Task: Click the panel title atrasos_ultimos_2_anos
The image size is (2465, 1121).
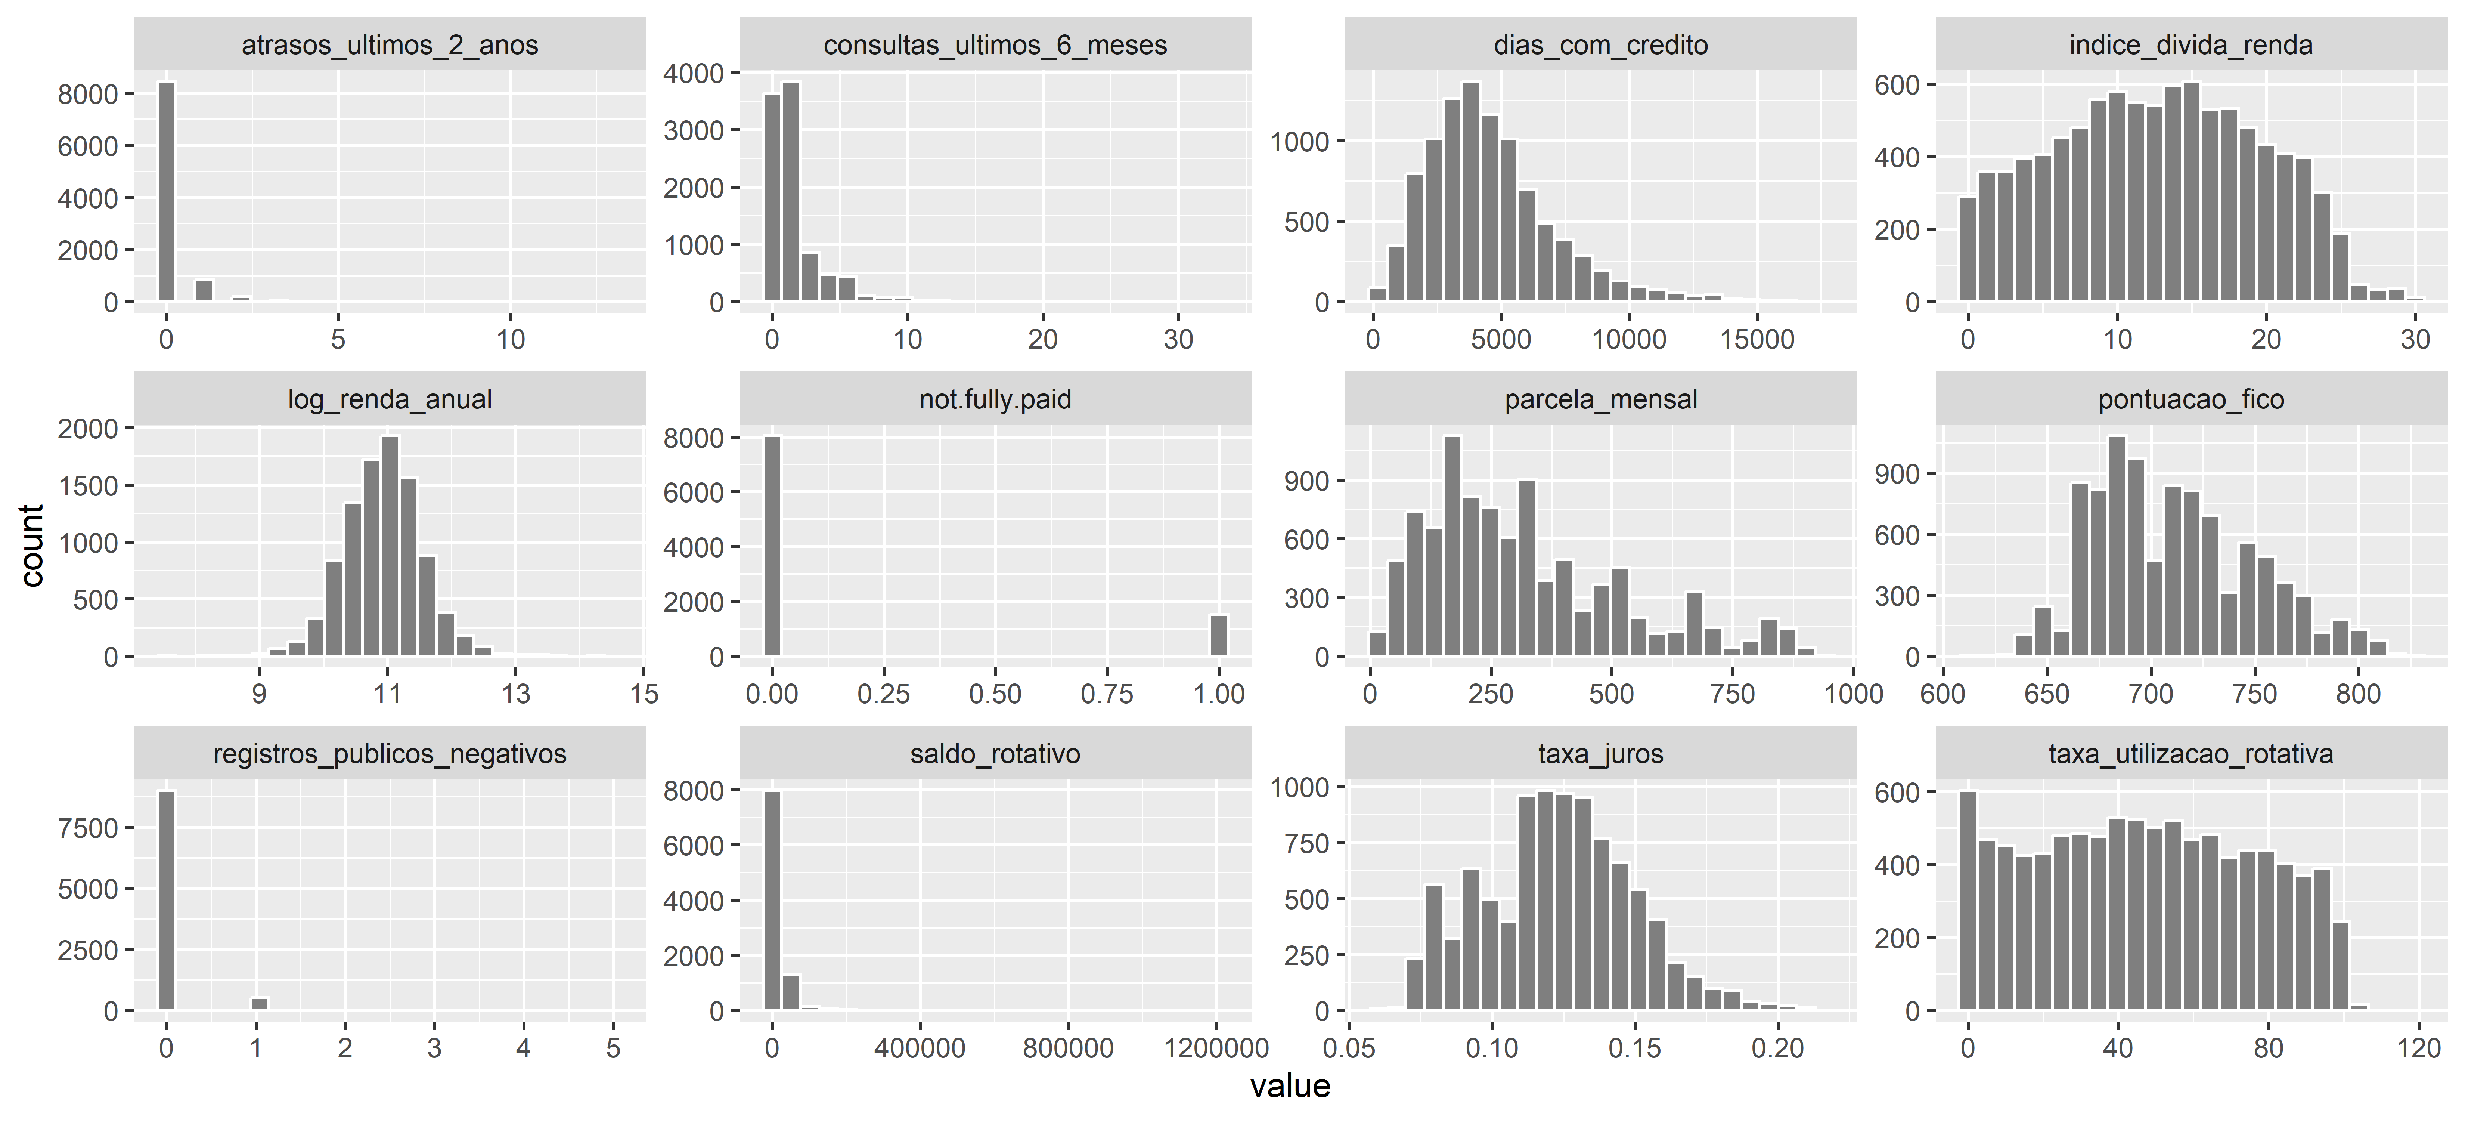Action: click(x=390, y=45)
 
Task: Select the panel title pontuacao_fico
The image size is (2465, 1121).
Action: click(x=2190, y=399)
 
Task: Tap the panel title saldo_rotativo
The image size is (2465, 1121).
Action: click(x=995, y=754)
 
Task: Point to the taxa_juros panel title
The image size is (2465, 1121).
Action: click(x=1600, y=754)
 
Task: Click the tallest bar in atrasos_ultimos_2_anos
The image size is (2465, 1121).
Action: click(x=167, y=191)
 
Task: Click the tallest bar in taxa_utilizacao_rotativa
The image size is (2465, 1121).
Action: click(x=1968, y=900)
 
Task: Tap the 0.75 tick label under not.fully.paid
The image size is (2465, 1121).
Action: click(x=1107, y=694)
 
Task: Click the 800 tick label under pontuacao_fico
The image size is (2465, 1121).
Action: click(x=2357, y=694)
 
